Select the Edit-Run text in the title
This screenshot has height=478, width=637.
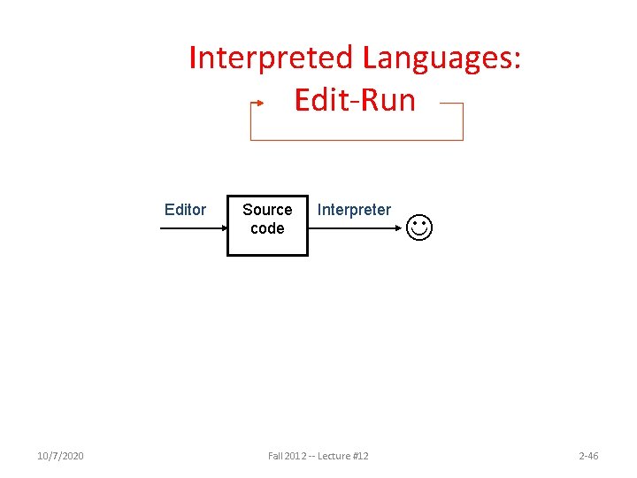click(x=354, y=100)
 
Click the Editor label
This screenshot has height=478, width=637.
click(x=185, y=210)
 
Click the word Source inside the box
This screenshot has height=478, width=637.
click(x=267, y=210)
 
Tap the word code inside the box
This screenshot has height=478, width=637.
click(x=267, y=228)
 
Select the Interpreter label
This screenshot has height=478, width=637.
click(x=354, y=210)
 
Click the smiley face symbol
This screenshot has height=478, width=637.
click(x=420, y=227)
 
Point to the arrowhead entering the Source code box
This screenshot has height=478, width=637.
click(x=222, y=228)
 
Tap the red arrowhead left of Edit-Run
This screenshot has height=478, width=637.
click(x=259, y=103)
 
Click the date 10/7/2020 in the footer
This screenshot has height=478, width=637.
click(x=61, y=456)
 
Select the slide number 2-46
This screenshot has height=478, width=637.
click(x=588, y=456)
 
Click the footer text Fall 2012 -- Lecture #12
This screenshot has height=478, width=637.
click(x=318, y=456)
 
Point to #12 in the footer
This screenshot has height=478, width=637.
click(x=359, y=456)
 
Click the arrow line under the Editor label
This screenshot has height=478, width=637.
click(x=190, y=228)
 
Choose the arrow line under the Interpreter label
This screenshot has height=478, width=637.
click(x=354, y=228)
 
